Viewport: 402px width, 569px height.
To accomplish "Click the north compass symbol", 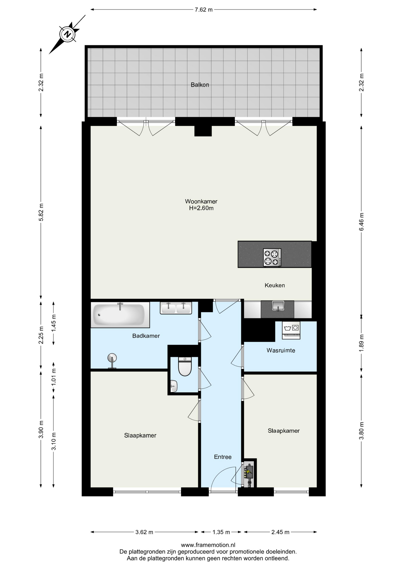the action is pyautogui.click(x=68, y=34).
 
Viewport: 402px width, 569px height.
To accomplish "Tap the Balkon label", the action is pyautogui.click(x=200, y=85).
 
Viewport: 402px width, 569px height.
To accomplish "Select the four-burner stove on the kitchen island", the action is pyautogui.click(x=272, y=257).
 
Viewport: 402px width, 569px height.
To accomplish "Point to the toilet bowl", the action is pyautogui.click(x=185, y=367).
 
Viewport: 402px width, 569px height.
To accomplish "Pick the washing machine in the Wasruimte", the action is pyautogui.click(x=291, y=330).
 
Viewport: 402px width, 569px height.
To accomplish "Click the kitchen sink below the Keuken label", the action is pyautogui.click(x=278, y=306).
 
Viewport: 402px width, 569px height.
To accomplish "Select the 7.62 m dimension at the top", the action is pyautogui.click(x=204, y=9).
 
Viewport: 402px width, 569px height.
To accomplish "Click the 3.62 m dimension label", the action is pyautogui.click(x=144, y=532).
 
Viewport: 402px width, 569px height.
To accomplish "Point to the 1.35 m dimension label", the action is pyautogui.click(x=221, y=532).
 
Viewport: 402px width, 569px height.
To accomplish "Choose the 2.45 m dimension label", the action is pyautogui.click(x=280, y=532).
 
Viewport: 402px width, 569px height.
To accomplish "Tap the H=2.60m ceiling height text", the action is pyautogui.click(x=201, y=208).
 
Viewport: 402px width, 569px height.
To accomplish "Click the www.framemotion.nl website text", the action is pyautogui.click(x=208, y=545).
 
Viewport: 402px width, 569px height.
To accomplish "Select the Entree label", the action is pyautogui.click(x=223, y=457).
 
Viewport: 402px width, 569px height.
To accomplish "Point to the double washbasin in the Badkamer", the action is pyautogui.click(x=176, y=308).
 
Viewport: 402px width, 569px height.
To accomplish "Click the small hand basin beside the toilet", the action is pyautogui.click(x=174, y=386).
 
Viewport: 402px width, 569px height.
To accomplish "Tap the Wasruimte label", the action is pyautogui.click(x=281, y=350).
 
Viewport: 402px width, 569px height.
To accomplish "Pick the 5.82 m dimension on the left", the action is pyautogui.click(x=41, y=212).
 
